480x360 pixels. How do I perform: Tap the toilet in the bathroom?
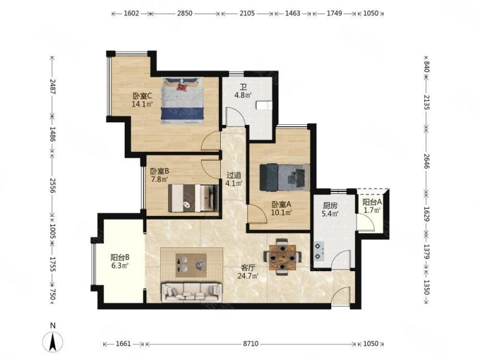[264, 106]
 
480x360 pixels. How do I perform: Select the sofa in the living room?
[191, 292]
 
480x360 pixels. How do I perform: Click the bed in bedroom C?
[182, 100]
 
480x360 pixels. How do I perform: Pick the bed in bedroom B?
[193, 198]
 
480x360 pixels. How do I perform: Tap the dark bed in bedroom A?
[284, 177]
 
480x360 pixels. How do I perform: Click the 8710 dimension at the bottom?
[251, 344]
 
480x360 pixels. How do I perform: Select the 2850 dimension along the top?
[185, 13]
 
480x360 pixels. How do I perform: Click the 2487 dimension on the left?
[52, 87]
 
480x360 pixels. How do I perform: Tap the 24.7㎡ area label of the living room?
[248, 276]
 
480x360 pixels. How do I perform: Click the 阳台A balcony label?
[372, 202]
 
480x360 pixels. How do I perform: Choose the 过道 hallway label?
[234, 175]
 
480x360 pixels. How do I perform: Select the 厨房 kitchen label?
[330, 205]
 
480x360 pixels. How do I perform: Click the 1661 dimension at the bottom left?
[124, 344]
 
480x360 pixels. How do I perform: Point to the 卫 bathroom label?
[244, 87]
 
